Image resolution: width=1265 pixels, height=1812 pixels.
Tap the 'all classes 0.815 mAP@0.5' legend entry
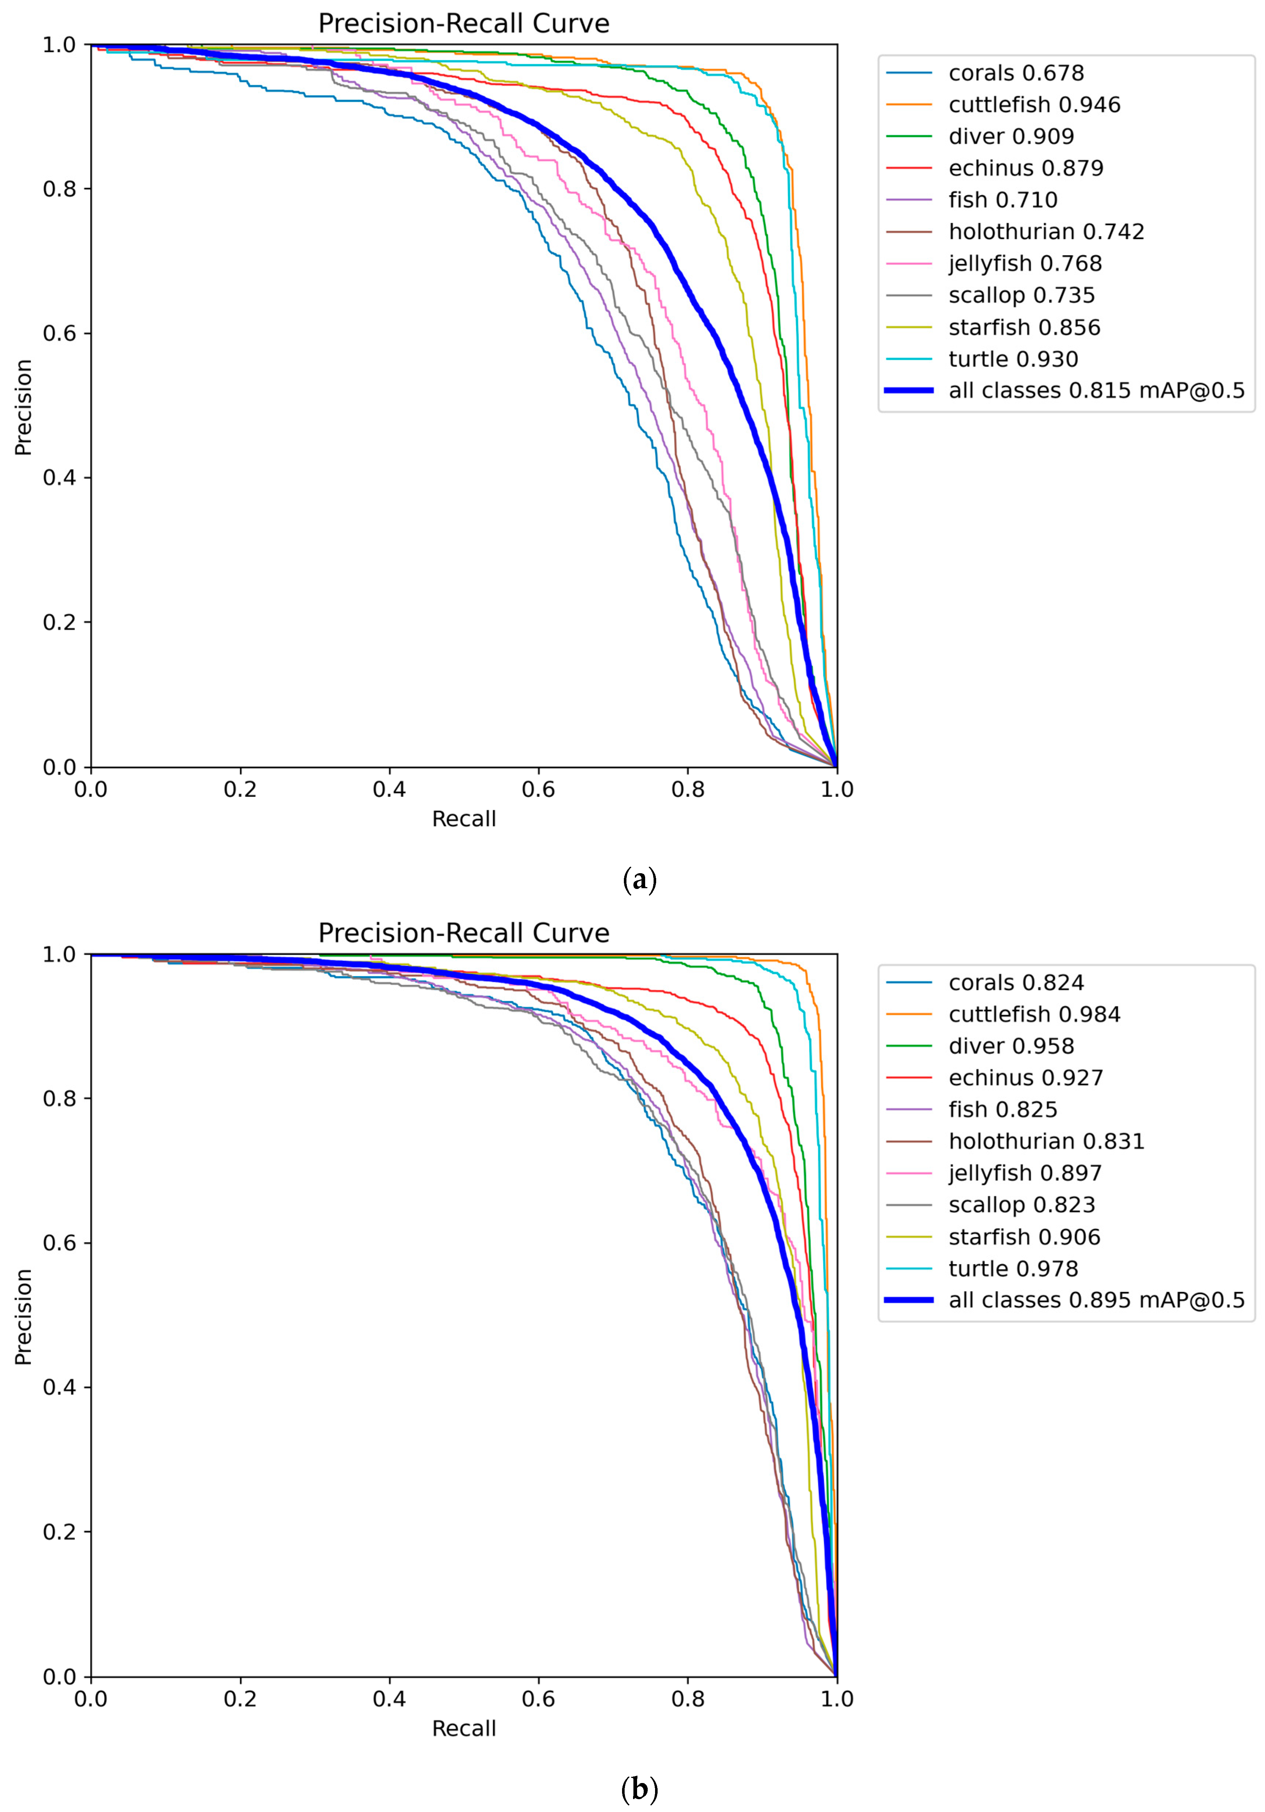point(1095,391)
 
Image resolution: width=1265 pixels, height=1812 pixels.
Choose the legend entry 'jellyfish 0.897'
point(1024,1173)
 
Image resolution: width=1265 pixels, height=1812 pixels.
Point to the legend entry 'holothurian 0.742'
point(1046,232)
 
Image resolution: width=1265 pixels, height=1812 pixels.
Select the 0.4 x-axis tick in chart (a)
point(389,789)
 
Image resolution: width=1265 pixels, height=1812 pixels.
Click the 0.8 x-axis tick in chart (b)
point(687,1698)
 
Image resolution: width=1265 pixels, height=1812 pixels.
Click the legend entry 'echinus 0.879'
point(1025,168)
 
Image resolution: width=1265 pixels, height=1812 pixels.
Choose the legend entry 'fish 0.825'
point(1002,1110)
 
